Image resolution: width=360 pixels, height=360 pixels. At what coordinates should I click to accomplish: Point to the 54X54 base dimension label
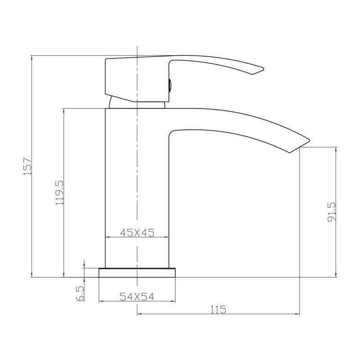pyautogui.click(x=137, y=297)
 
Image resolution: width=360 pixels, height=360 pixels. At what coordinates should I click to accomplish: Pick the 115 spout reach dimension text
pyautogui.click(x=218, y=310)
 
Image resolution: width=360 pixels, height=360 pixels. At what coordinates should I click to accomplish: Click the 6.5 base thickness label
pyautogui.click(x=81, y=293)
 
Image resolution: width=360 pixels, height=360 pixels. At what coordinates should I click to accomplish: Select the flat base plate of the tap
pyautogui.click(x=137, y=273)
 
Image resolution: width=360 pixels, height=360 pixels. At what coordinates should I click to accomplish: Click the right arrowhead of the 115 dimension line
pyautogui.click(x=298, y=314)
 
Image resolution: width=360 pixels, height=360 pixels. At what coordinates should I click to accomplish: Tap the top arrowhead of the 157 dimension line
pyautogui.click(x=32, y=57)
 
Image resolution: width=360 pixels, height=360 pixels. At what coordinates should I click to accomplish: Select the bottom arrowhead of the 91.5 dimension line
pyautogui.click(x=336, y=276)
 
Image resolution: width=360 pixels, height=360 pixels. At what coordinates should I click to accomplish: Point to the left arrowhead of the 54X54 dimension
pyautogui.click(x=100, y=301)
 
